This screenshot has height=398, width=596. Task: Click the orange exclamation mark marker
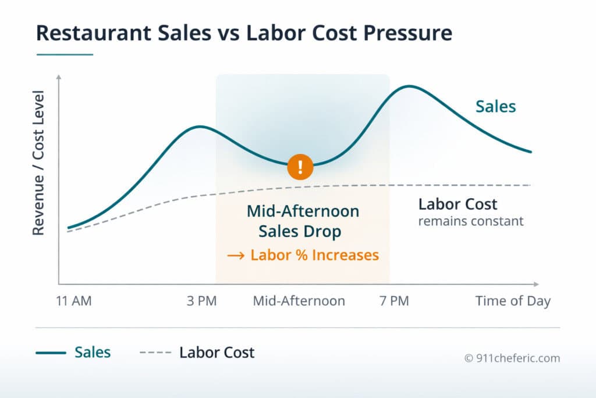300,167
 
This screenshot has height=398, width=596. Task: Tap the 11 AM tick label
74,301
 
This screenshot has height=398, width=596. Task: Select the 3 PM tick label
201,301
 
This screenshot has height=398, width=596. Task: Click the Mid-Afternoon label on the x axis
299,301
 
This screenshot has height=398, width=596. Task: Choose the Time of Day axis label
512,301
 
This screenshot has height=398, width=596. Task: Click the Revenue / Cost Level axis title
38,163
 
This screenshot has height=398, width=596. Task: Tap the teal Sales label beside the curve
495,107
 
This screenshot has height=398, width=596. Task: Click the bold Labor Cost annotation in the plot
458,204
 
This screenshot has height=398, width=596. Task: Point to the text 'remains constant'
471,221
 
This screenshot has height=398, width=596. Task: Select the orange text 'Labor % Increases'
314,255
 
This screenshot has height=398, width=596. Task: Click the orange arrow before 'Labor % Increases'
235,255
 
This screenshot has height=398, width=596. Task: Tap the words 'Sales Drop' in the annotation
300,231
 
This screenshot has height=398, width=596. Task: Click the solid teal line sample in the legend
51,353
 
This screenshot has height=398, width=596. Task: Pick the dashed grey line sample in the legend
155,353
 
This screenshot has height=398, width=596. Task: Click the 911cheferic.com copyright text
512,358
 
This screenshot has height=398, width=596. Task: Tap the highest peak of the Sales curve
409,86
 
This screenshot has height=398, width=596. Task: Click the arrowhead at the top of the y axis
59,76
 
